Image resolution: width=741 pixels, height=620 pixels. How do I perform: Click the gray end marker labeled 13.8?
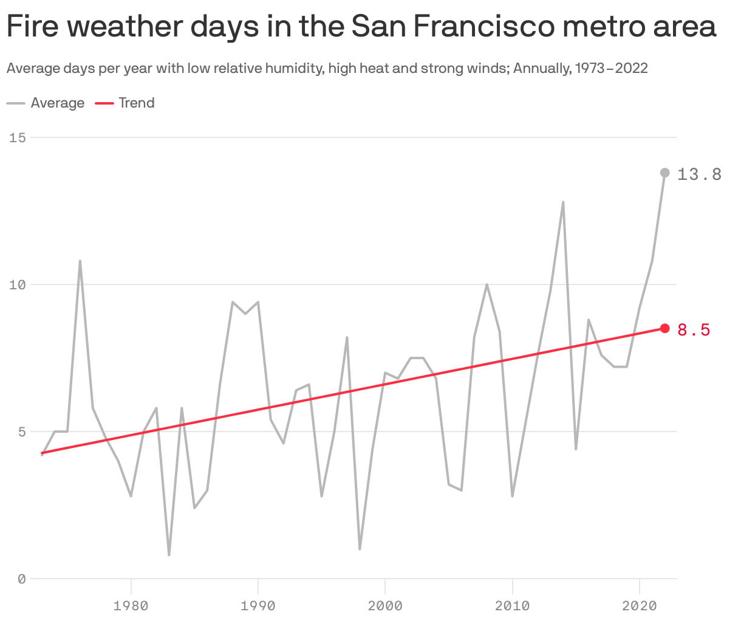(x=664, y=173)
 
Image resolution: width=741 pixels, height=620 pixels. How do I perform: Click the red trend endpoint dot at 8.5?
(x=664, y=328)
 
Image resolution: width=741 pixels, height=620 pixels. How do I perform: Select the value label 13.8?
(x=699, y=174)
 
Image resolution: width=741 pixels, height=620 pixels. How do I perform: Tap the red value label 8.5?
(x=694, y=330)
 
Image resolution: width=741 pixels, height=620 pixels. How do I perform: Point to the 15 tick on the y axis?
(x=18, y=137)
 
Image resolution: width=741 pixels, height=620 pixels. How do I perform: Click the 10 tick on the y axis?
(x=18, y=284)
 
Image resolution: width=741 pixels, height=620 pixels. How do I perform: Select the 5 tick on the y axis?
(x=22, y=432)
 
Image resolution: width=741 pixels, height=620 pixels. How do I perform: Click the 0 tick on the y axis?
(x=22, y=579)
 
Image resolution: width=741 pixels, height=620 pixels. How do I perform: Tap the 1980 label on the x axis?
(x=131, y=605)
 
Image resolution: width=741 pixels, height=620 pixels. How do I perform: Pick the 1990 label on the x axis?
(x=258, y=605)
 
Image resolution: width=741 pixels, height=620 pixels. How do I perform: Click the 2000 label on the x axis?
(x=385, y=605)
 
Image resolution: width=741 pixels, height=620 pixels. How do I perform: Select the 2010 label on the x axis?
(x=513, y=605)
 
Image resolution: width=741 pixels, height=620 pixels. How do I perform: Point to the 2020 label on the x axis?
(x=640, y=605)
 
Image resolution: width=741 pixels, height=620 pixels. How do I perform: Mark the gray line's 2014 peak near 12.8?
(x=563, y=202)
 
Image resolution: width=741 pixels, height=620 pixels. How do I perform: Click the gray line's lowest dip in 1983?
(x=169, y=554)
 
